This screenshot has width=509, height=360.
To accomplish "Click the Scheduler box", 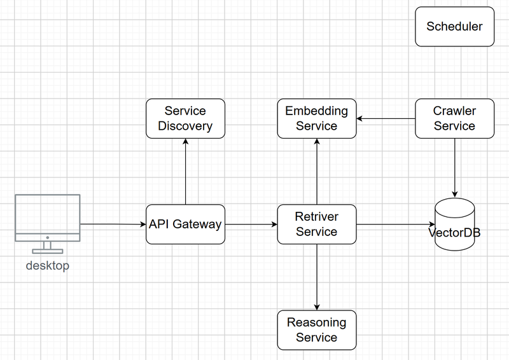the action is [454, 27].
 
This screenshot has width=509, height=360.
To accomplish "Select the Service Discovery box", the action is [185, 118].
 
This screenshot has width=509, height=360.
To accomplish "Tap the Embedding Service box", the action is [317, 118].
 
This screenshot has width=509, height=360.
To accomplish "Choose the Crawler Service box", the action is [454, 118].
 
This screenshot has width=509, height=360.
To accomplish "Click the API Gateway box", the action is [185, 225].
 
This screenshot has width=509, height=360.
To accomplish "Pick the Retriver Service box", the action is [317, 225].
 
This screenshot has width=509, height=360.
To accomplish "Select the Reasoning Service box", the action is [317, 330].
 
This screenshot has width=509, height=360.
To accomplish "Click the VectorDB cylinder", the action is [454, 225].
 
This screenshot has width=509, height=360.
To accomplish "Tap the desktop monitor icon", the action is [48, 224].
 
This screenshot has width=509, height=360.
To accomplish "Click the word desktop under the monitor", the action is [47, 265].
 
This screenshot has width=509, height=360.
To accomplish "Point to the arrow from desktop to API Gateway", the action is [113, 224].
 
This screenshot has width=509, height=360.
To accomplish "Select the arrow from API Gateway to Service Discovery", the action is [185, 171].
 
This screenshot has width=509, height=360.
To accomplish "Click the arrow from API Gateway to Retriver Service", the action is [251, 225].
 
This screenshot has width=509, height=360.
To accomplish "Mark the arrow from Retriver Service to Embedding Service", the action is [317, 171].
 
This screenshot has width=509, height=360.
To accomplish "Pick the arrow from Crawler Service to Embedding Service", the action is [386, 118].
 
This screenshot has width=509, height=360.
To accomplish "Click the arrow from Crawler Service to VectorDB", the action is [454, 168].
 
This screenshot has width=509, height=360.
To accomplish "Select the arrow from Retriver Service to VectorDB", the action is [395, 225].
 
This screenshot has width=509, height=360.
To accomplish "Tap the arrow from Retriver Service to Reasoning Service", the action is [317, 277].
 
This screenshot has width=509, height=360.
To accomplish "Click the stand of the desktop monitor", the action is [48, 247].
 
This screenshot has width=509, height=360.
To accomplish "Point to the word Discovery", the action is [185, 126].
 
